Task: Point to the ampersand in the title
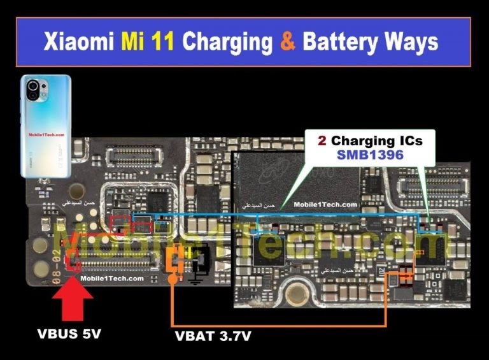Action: point(287,42)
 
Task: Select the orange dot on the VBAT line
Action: point(173,279)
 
